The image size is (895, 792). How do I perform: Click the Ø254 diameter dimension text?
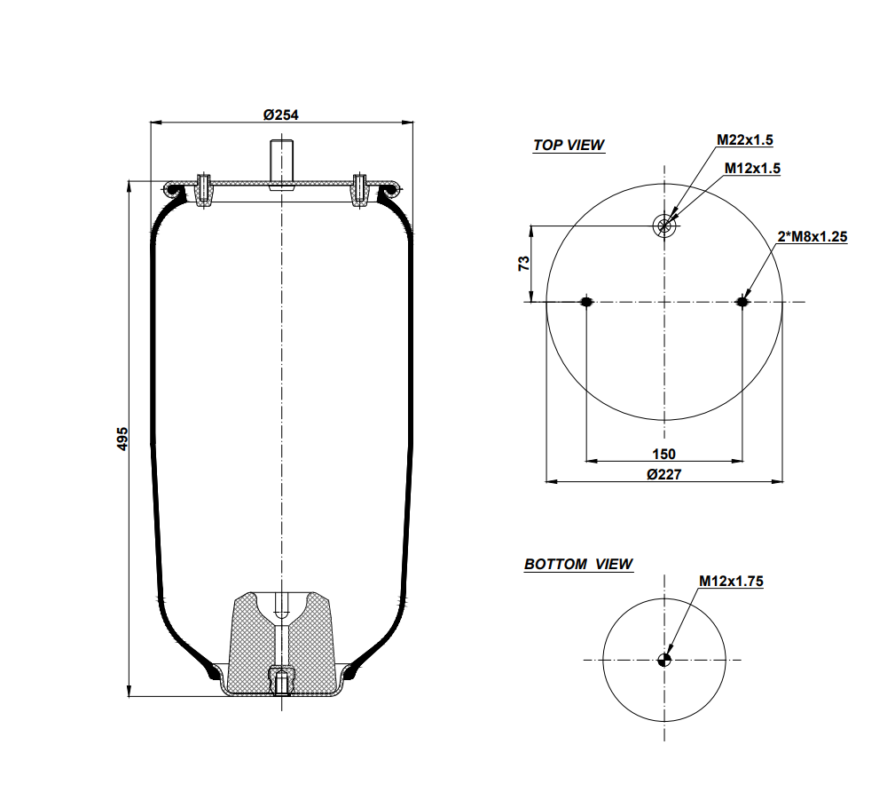click(x=280, y=114)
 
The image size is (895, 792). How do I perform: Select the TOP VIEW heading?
click(x=569, y=145)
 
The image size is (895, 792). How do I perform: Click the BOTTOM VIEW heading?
click(x=578, y=564)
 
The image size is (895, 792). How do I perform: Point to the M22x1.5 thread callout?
click(x=745, y=139)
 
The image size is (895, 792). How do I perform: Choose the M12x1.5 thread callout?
click(x=752, y=168)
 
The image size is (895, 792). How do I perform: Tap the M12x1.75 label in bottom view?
click(x=731, y=581)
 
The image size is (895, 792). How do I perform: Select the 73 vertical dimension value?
click(x=523, y=264)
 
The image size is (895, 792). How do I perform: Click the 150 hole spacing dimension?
click(x=663, y=454)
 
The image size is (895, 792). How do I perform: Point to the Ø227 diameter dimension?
click(x=663, y=474)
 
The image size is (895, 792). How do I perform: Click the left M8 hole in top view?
click(x=585, y=303)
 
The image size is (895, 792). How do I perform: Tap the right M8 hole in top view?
click(x=742, y=303)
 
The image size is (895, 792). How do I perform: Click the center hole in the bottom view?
click(x=664, y=659)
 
